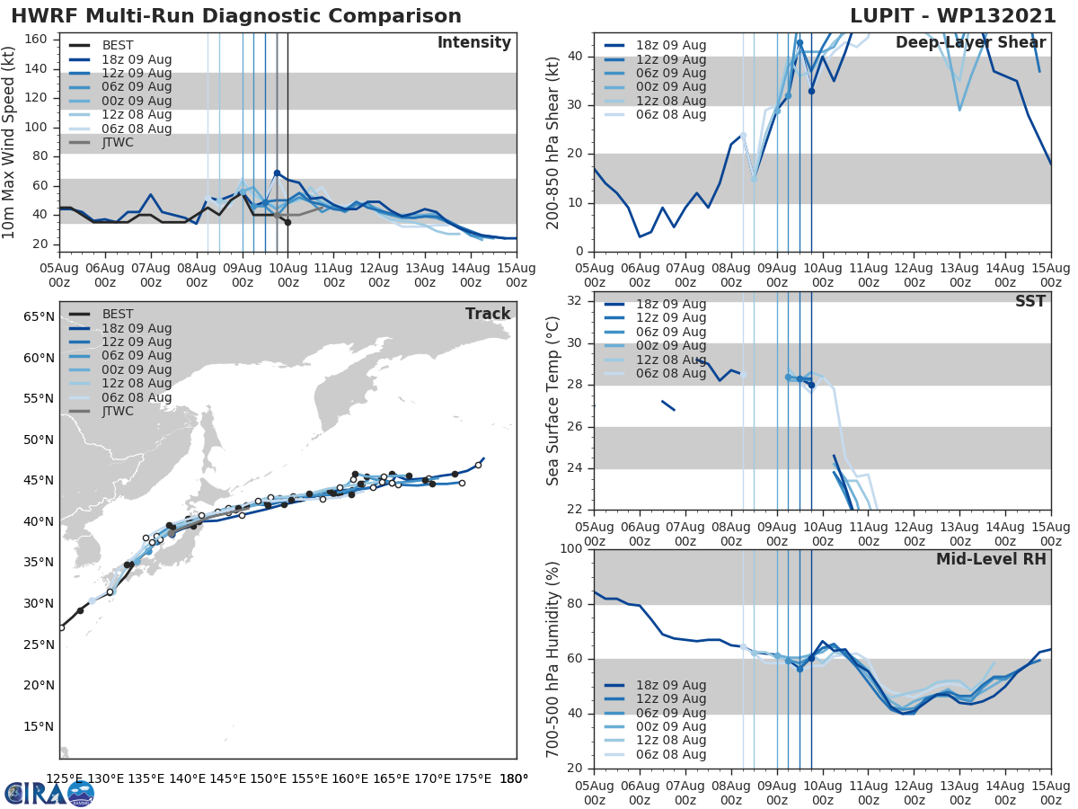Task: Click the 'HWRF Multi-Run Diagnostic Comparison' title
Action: pos(236,16)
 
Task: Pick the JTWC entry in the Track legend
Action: pos(117,411)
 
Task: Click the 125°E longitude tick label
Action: pos(65,778)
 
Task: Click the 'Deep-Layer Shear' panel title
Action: pos(970,43)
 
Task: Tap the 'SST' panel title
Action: pos(1029,301)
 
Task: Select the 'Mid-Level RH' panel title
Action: pos(991,559)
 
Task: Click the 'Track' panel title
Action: pos(488,314)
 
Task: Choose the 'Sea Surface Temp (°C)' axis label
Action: pos(553,401)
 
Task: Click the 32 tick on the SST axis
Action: pos(576,300)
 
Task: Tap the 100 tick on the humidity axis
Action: pos(572,548)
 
